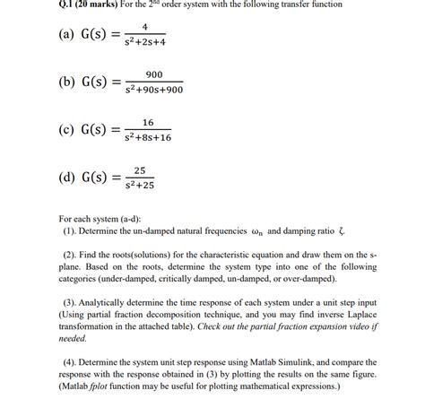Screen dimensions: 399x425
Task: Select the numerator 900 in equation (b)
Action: [x=153, y=74]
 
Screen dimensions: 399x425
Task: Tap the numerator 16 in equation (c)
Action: [x=149, y=121]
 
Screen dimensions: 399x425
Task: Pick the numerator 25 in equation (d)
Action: [x=139, y=169]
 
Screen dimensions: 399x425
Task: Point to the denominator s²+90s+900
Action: [x=153, y=91]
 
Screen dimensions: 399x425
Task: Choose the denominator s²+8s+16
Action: [x=149, y=138]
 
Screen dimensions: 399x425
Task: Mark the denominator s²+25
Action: [x=139, y=186]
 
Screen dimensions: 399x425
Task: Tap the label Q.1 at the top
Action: [x=14, y=4]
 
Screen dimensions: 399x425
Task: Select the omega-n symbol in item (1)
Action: [x=273, y=230]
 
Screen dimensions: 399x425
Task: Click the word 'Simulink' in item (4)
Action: [x=280, y=362]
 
